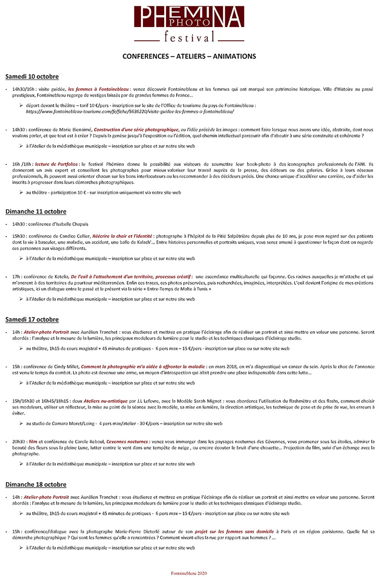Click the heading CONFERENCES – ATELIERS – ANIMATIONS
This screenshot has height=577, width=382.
[189, 56]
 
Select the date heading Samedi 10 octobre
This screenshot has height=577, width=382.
[32, 76]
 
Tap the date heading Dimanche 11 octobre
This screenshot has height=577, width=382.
[36, 212]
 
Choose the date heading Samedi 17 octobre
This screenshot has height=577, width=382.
[32, 319]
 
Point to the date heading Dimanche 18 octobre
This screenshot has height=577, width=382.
[36, 484]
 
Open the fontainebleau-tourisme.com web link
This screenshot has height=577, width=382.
[130, 111]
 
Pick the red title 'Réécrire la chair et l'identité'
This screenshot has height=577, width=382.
[121, 237]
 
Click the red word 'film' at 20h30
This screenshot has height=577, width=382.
[33, 441]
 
